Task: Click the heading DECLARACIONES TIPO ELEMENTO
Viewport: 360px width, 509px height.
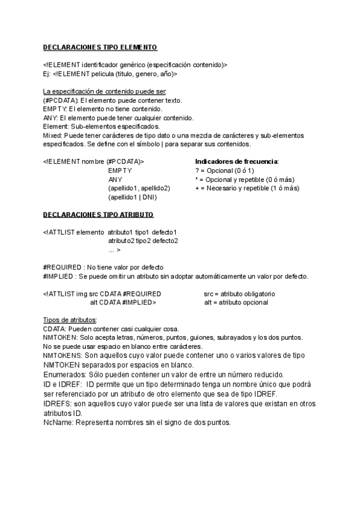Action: point(100,47)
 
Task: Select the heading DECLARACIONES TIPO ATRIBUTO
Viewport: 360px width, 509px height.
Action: point(98,214)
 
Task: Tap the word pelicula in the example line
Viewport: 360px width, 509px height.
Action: point(106,74)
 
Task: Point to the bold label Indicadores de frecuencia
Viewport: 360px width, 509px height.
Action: point(237,161)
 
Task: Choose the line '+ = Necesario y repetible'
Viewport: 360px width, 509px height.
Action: point(247,188)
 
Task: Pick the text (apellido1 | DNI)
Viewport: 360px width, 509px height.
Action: point(132,197)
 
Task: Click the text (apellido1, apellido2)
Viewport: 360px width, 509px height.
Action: point(139,188)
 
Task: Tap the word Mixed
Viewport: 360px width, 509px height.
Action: point(53,136)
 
